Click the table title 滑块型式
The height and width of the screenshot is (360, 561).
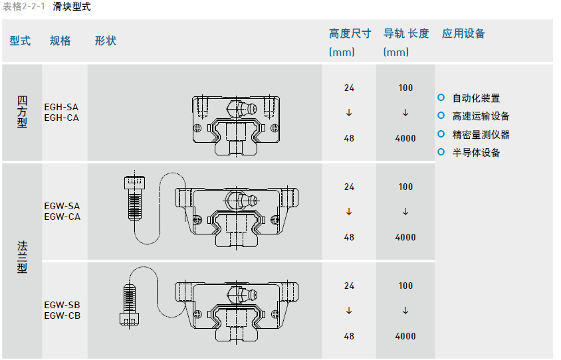pyautogui.click(x=71, y=7)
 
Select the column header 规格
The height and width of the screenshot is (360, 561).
pyautogui.click(x=60, y=41)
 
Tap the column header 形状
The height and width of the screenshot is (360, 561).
pyautogui.click(x=105, y=41)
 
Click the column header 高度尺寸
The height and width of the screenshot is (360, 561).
pyautogui.click(x=350, y=34)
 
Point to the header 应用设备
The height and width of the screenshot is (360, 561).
pyautogui.click(x=463, y=34)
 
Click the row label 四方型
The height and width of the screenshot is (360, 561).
pyautogui.click(x=22, y=112)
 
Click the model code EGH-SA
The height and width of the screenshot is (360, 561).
pyautogui.click(x=61, y=106)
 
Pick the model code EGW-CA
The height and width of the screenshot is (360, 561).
pyautogui.click(x=62, y=217)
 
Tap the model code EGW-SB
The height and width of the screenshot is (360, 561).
pyautogui.click(x=62, y=305)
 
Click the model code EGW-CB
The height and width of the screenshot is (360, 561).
pyautogui.click(x=62, y=315)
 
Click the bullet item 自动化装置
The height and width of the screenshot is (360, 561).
pyautogui.click(x=476, y=98)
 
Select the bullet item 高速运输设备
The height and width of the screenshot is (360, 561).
pyautogui.click(x=481, y=116)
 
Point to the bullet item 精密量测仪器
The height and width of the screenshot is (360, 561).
pyautogui.click(x=481, y=134)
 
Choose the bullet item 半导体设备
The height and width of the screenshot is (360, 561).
pyautogui.click(x=476, y=152)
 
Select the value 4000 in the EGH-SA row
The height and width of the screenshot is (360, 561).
pyautogui.click(x=405, y=138)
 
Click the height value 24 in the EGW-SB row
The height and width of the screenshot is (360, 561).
pyautogui.click(x=350, y=286)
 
